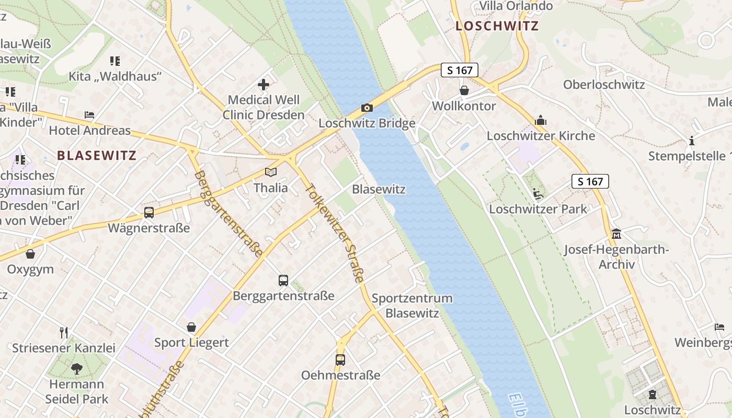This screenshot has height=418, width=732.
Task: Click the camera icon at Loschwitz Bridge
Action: tap(367, 108)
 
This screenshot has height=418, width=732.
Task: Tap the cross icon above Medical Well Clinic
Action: tap(264, 84)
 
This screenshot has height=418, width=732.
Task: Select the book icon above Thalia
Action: tap(270, 172)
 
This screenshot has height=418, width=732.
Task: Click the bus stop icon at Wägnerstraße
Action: tap(149, 213)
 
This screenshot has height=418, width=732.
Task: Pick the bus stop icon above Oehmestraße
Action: tap(340, 359)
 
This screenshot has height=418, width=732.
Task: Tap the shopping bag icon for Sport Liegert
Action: tap(191, 327)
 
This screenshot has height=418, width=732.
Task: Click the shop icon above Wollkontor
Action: tap(464, 90)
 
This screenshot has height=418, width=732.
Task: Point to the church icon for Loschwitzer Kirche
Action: tap(541, 121)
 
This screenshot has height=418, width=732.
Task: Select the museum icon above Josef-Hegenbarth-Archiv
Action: tap(616, 234)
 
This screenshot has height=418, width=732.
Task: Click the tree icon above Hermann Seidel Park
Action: tap(77, 369)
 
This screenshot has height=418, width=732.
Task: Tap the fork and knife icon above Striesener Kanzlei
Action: tap(64, 332)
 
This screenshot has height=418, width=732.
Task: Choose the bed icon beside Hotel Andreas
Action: tap(89, 115)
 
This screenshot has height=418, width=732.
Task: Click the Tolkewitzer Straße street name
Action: tap(335, 233)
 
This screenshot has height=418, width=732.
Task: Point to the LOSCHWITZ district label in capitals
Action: tap(496, 26)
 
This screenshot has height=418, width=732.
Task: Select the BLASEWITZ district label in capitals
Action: tap(97, 155)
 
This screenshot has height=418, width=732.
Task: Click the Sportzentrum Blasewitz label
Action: tap(412, 306)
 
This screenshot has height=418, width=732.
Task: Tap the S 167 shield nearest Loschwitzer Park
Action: tap(590, 181)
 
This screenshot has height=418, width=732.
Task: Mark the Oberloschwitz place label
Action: tap(604, 85)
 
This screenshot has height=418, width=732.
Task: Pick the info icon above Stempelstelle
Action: tap(692, 141)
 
